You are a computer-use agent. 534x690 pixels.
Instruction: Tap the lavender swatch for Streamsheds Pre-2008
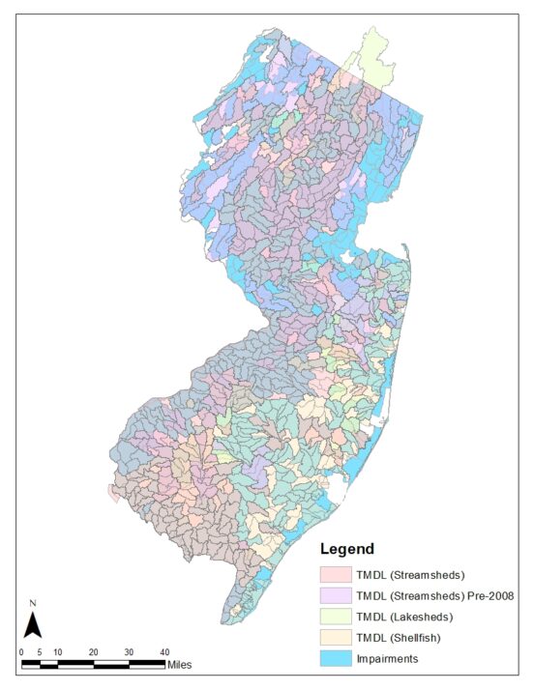(x=336, y=595)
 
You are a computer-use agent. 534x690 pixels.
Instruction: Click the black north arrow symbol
(x=32, y=626)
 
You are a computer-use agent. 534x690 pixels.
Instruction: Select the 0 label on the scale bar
(x=21, y=651)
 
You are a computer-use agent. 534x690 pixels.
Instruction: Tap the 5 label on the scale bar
(x=40, y=651)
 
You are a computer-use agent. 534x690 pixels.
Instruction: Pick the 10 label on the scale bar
(x=57, y=651)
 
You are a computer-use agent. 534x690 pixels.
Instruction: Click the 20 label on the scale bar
(x=93, y=651)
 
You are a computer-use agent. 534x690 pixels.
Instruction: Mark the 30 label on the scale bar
(x=129, y=651)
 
